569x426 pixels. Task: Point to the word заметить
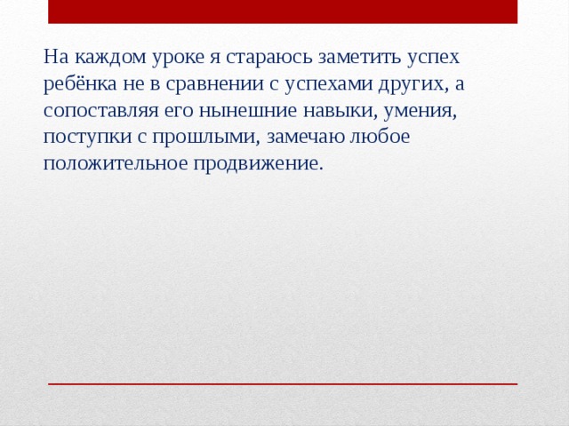tap(348, 58)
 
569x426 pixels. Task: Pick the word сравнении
tap(207, 84)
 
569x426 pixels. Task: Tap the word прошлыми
tap(196, 138)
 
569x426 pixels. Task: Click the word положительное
tap(109, 165)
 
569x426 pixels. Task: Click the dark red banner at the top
tap(283, 12)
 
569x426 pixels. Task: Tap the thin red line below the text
tap(283, 383)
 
